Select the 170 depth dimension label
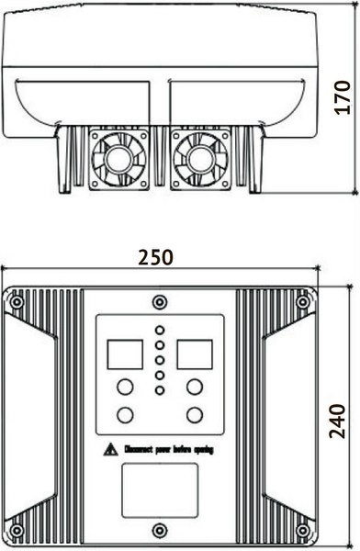(x=342, y=96)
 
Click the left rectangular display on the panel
(x=122, y=353)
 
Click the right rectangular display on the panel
(x=195, y=353)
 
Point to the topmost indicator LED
(x=160, y=329)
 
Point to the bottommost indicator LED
(x=160, y=391)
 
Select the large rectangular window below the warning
(x=159, y=486)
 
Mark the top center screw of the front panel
(x=159, y=301)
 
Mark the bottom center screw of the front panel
(x=159, y=528)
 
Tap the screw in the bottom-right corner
(x=303, y=530)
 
